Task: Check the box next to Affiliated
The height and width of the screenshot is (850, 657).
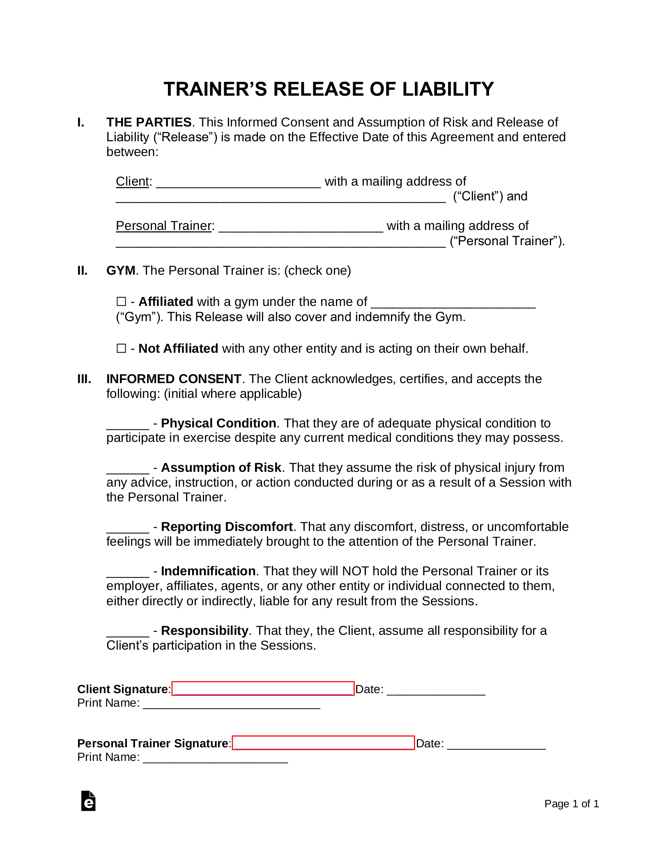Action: pos(121,302)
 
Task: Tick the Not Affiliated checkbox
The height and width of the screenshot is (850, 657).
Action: pos(121,349)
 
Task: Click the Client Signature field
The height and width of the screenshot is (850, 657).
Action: pos(263,689)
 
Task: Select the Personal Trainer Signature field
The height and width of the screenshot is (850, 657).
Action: pos(323,743)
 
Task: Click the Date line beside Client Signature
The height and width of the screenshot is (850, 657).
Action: pos(436,690)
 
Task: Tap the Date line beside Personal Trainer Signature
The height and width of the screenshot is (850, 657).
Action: pos(496,744)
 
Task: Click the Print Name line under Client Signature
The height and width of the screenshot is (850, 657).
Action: pos(232,704)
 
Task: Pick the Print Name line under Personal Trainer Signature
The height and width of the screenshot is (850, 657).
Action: pos(215,758)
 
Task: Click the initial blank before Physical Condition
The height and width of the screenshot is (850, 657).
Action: pos(128,425)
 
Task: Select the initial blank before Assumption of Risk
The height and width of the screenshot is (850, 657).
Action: pos(128,469)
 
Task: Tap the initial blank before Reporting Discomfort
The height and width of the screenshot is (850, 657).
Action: pos(128,528)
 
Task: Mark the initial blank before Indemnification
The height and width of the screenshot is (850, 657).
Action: pos(128,572)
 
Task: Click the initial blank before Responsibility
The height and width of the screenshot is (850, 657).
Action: pos(128,632)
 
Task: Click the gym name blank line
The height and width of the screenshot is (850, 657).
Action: pos(453,303)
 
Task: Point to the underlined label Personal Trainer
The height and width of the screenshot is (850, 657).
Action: pos(163,226)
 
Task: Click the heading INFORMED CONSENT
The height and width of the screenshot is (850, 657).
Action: pos(174,379)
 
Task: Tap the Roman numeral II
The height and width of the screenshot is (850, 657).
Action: pos(83,271)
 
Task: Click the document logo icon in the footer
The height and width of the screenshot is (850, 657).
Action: pos(88,801)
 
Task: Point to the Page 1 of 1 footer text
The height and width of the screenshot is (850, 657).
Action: pos(572,804)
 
